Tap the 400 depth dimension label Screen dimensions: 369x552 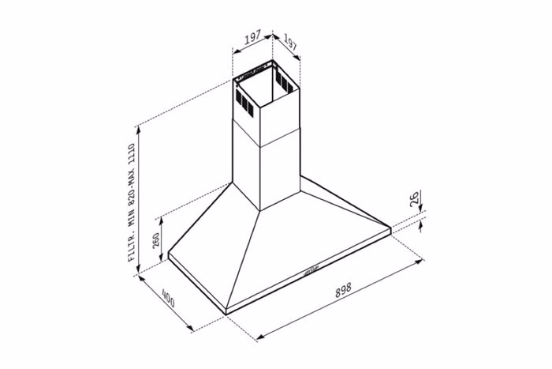tap(168, 299)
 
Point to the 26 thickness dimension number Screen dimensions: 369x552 tap(415, 199)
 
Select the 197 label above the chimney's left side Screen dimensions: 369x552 tap(252, 37)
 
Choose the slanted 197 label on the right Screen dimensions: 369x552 tap(289, 44)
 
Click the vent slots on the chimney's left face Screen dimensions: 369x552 tap(244, 100)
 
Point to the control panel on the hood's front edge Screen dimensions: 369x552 tap(311, 271)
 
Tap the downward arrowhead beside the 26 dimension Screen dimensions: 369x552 tap(421, 210)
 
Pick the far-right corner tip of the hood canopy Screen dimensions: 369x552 tap(392, 229)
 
